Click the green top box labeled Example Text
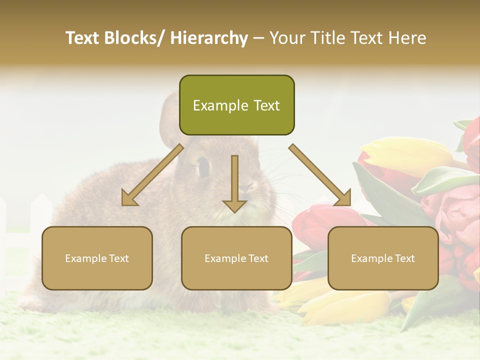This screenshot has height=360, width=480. click(236, 105)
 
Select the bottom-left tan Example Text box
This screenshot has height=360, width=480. click(97, 258)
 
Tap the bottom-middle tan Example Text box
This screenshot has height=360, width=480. click(236, 258)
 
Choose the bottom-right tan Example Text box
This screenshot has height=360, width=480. click(383, 258)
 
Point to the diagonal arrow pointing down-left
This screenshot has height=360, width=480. click(152, 175)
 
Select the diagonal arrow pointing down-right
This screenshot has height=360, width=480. click(320, 175)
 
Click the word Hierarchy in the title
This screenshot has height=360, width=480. click(209, 38)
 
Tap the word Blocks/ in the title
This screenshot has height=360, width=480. click(134, 38)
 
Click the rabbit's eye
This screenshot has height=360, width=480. click(203, 166)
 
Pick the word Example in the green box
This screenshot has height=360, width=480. click(214, 105)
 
